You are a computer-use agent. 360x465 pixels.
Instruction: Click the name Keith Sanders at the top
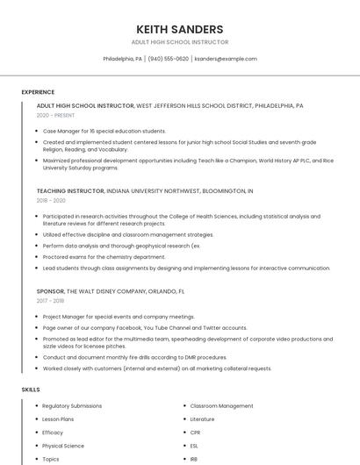[179, 29]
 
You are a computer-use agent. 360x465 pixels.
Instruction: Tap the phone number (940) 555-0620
[168, 59]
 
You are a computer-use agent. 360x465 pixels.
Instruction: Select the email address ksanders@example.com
[226, 59]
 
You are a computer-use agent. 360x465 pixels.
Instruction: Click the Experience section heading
[38, 92]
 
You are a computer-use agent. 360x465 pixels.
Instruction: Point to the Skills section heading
[31, 389]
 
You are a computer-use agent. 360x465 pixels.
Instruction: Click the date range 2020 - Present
[55, 115]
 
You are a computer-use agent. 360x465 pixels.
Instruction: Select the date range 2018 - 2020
[51, 200]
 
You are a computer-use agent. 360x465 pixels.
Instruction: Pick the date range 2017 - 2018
[51, 301]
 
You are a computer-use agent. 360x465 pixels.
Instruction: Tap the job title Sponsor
[50, 290]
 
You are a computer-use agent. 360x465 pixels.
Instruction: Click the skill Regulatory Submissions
[72, 406]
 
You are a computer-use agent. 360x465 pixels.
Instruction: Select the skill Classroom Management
[221, 406]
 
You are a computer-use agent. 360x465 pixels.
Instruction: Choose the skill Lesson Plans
[58, 419]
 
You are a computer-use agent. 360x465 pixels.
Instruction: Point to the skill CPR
[196, 433]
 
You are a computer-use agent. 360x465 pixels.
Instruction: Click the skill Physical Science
[63, 446]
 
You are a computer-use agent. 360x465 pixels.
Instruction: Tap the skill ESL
[195, 446]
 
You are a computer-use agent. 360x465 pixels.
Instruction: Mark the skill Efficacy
[53, 433]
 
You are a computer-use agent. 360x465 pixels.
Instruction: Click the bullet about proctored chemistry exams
[104, 257]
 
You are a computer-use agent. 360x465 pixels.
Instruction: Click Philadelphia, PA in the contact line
[122, 59]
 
